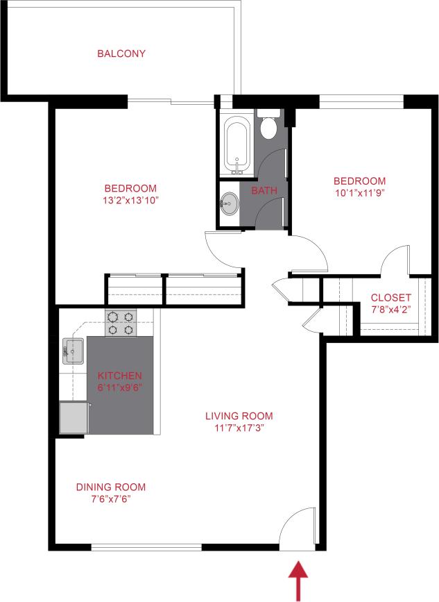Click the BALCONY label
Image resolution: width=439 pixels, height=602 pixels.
[x=121, y=53]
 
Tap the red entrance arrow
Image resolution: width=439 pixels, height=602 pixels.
[x=299, y=580]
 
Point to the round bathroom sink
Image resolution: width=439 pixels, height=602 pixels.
[x=230, y=205]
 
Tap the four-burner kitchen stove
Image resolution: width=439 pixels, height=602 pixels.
[x=121, y=323]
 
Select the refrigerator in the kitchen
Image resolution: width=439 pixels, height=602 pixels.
[x=74, y=417]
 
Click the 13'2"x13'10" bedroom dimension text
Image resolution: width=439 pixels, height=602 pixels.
[x=130, y=201]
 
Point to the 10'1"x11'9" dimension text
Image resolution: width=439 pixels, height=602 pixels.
[x=359, y=193]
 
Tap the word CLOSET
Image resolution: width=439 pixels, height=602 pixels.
[x=390, y=298]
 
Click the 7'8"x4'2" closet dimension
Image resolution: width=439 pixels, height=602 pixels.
[x=390, y=310]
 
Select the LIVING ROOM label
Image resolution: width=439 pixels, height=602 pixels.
[x=239, y=416]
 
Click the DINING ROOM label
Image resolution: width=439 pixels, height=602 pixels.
[x=111, y=487]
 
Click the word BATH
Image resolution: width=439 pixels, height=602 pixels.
[x=264, y=190]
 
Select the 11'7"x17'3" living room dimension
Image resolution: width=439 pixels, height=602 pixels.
[x=239, y=428]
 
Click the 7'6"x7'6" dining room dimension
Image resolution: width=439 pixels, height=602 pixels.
[x=111, y=499]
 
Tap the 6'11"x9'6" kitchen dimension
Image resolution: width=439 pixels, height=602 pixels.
[x=119, y=387]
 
